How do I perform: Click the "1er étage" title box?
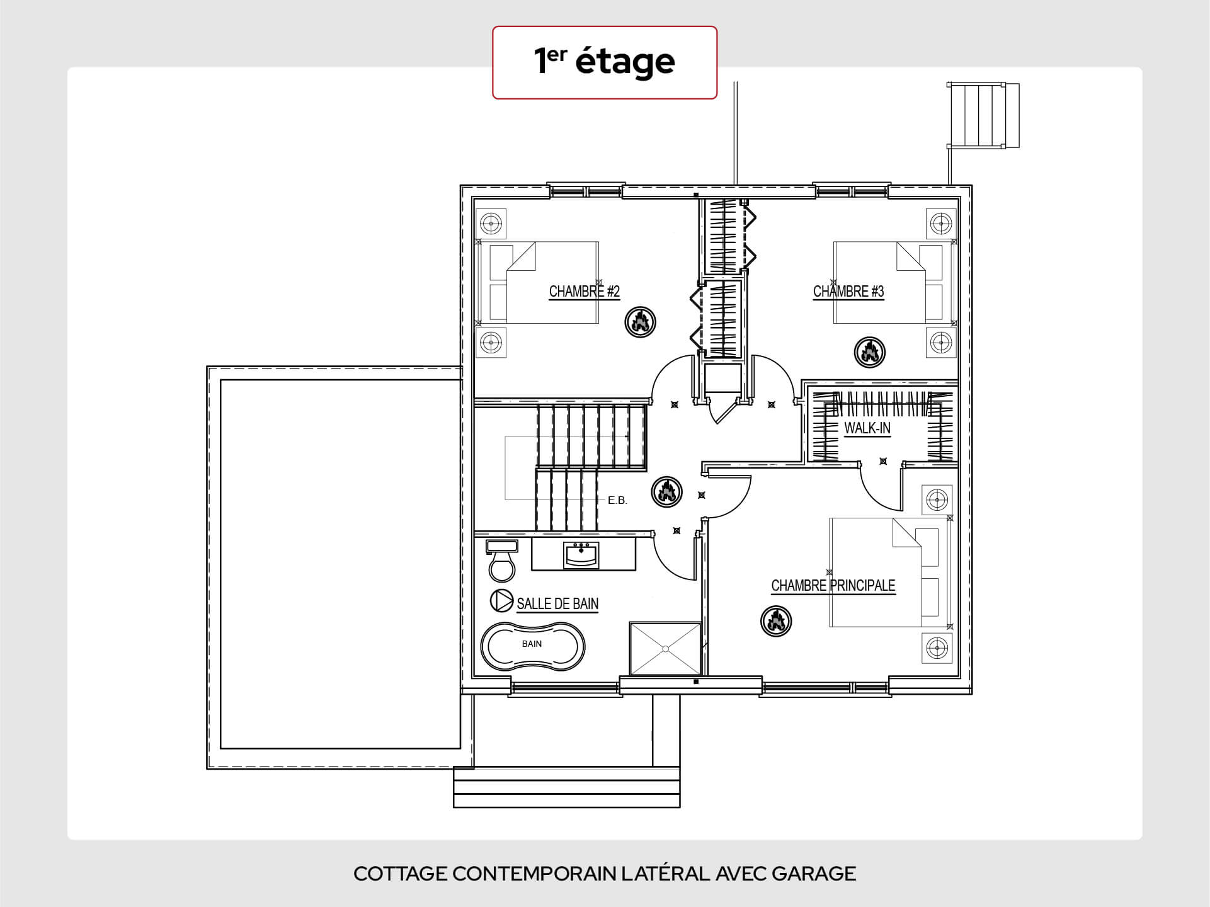[x=605, y=62]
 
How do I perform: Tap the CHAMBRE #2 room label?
[x=585, y=292]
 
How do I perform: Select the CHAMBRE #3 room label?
[x=848, y=292]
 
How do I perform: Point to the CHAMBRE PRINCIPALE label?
[x=833, y=586]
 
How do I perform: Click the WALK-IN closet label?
[x=867, y=428]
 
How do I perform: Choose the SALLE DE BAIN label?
[x=557, y=603]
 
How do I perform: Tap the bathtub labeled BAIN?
[x=533, y=647]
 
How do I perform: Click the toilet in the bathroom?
[x=502, y=560]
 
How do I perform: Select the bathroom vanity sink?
[x=581, y=555]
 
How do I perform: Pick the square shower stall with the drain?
[x=665, y=649]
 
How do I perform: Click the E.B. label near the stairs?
[x=617, y=501]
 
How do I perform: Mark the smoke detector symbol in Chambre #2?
[x=640, y=322]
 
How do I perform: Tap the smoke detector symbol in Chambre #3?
[x=869, y=352]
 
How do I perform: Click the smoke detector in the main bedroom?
[x=776, y=621]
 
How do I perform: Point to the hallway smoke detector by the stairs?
[x=666, y=491]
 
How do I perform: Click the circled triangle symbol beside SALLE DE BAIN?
[x=501, y=601]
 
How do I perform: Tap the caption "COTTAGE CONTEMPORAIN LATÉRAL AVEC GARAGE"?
[x=605, y=874]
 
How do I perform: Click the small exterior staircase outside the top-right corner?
[x=983, y=115]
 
